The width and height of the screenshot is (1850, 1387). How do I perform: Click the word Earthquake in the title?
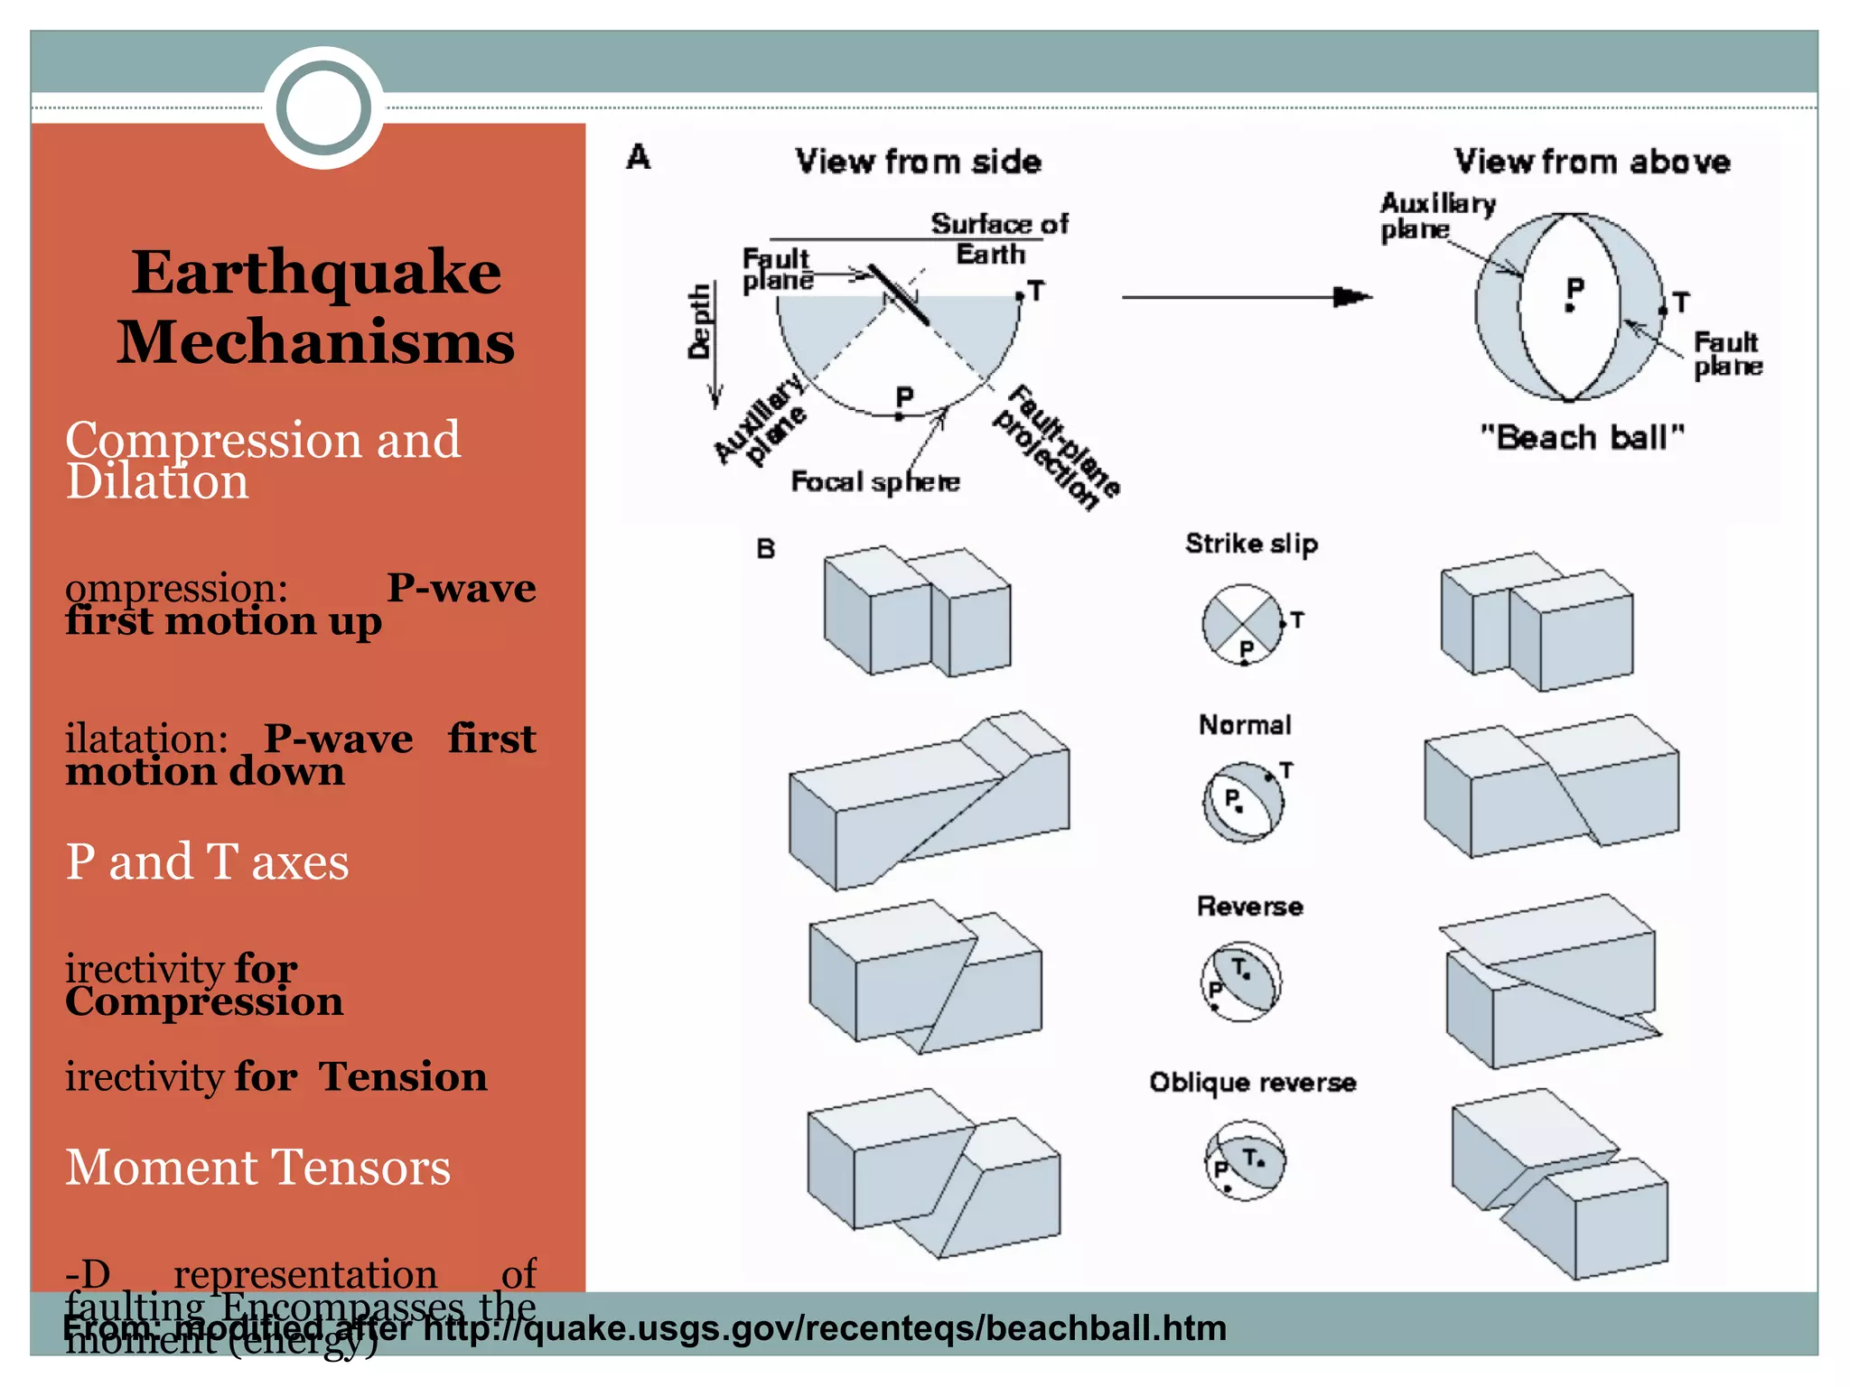[x=316, y=273]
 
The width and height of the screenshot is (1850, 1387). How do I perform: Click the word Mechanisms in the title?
[x=316, y=343]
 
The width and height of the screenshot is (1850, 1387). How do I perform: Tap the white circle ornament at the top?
[x=323, y=107]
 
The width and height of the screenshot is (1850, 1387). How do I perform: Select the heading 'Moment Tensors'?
[x=257, y=1167]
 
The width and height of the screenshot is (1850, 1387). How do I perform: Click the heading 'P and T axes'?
[x=207, y=861]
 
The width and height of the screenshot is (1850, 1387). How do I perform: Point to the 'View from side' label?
[x=918, y=162]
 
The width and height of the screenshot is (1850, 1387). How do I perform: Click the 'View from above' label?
[x=1592, y=162]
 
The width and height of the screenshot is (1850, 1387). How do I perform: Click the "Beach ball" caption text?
[x=1582, y=438]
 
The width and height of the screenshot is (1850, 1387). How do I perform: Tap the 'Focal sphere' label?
[x=874, y=481]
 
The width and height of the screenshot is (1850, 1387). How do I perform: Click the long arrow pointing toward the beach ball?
[x=1246, y=296]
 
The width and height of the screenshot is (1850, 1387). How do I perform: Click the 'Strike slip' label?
[x=1251, y=544]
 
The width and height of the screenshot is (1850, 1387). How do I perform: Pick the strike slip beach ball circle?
[x=1243, y=624]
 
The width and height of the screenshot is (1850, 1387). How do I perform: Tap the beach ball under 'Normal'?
[x=1243, y=802]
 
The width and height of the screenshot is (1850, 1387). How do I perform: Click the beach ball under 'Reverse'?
[x=1241, y=982]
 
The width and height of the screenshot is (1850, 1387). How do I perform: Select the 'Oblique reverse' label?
[x=1252, y=1082]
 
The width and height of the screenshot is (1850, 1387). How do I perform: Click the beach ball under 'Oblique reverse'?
[x=1244, y=1161]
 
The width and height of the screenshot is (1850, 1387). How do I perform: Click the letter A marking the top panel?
[x=639, y=157]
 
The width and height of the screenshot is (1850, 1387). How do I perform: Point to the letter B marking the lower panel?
[x=765, y=548]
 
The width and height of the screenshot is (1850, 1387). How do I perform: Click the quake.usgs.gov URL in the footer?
[x=825, y=1328]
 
